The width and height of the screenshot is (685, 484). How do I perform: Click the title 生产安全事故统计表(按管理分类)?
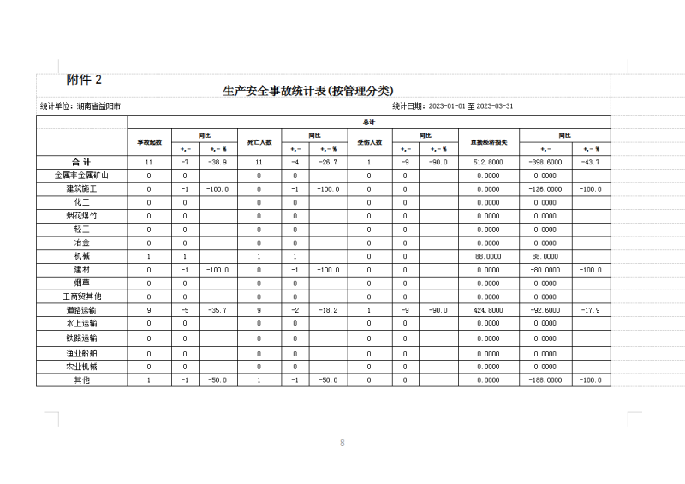point(307,91)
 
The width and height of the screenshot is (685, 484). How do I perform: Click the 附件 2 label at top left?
point(85,80)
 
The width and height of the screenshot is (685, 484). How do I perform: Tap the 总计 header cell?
point(369,122)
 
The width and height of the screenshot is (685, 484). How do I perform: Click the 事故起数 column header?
point(150,141)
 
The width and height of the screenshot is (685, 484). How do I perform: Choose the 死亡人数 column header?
point(259,141)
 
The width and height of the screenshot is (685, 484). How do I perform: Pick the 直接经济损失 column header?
point(488,141)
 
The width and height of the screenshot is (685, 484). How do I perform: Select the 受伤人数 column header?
point(369,141)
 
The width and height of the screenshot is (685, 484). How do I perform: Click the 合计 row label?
point(82,162)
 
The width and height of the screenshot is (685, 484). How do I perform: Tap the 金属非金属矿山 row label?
point(82,176)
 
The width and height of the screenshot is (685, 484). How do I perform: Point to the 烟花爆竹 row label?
point(82,216)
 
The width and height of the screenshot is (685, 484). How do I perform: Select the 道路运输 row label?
point(82,310)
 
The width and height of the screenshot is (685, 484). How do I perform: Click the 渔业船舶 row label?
point(82,353)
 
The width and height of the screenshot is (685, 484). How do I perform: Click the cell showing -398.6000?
point(546,162)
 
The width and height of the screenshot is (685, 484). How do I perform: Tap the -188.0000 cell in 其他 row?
point(546,379)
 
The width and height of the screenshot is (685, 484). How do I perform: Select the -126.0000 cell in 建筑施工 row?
point(546,188)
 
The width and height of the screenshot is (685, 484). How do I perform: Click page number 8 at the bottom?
point(342,443)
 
